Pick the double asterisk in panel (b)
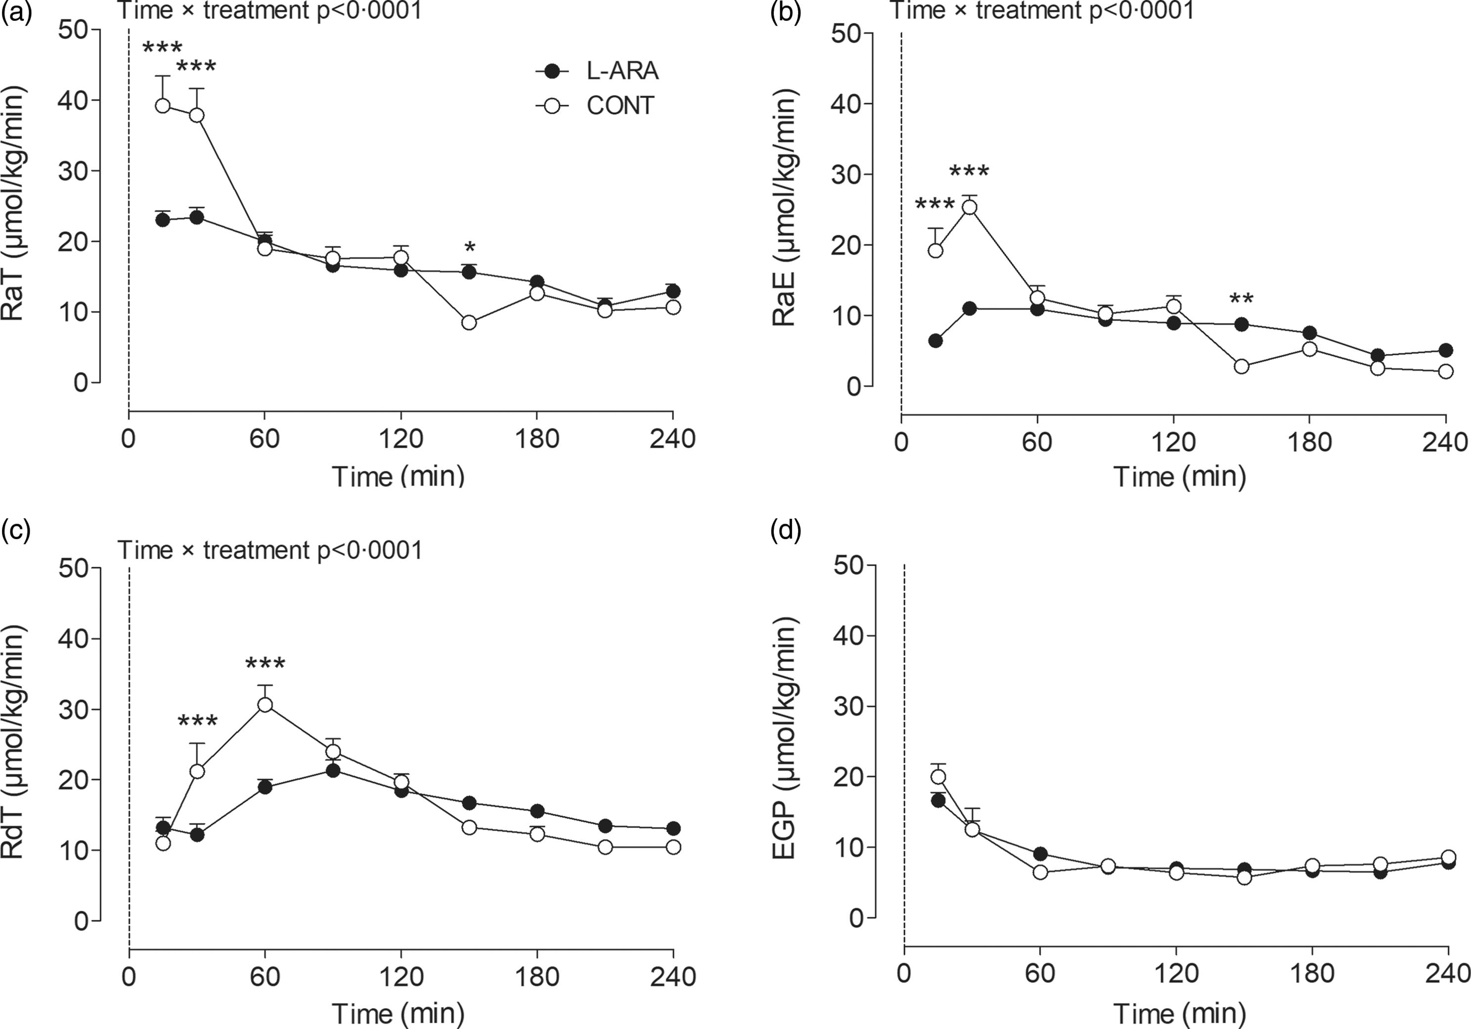[1242, 299]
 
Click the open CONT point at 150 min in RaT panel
[469, 323]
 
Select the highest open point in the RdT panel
[265, 705]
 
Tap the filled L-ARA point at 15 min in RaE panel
[936, 340]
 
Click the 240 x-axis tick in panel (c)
[671, 977]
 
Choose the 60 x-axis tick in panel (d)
[1039, 975]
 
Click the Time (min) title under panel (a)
[399, 477]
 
